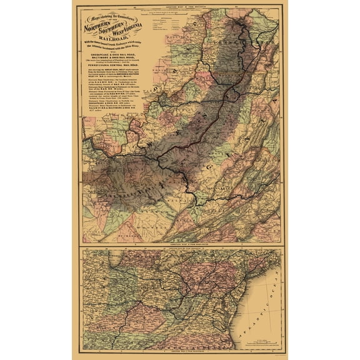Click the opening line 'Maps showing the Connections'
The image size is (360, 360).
112,15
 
